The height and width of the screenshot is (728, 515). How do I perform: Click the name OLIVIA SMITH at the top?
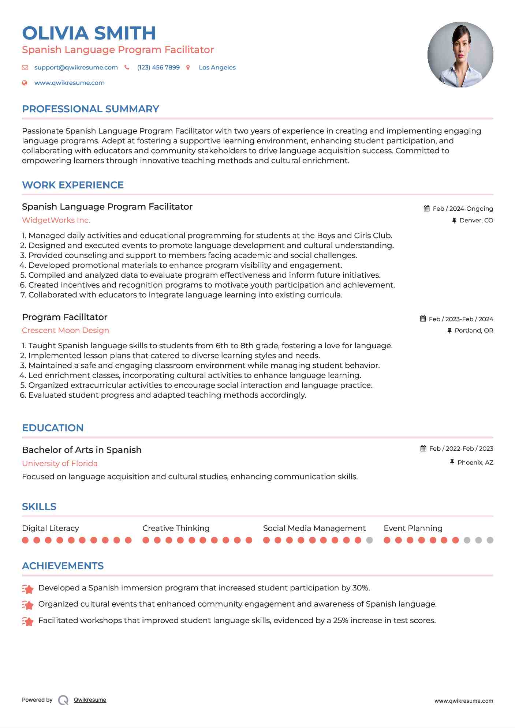pos(89,33)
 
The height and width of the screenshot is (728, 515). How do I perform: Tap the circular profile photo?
pos(460,55)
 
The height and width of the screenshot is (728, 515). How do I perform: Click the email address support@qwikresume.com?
pos(76,68)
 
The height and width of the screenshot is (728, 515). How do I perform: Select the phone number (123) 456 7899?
pos(158,68)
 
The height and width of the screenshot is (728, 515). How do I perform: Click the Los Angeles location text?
pos(217,68)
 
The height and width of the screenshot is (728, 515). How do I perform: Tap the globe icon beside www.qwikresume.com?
pos(25,83)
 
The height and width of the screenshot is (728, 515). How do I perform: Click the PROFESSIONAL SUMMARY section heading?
pos(90,109)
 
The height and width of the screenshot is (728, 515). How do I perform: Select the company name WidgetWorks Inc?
pos(56,220)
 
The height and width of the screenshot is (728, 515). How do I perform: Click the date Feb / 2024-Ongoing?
pos(463,209)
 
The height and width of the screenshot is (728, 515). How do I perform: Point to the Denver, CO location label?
pos(476,221)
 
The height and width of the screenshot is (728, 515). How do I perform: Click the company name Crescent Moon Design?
pos(66,330)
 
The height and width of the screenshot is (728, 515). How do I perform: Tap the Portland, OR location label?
pos(474,331)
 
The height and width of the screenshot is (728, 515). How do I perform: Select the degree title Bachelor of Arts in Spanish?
pos(82,450)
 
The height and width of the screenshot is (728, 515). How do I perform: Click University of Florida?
pos(60,464)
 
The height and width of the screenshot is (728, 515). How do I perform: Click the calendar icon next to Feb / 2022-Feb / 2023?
pos(423,449)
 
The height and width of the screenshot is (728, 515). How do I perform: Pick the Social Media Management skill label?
pos(314,528)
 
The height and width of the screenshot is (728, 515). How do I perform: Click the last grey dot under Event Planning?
pos(490,540)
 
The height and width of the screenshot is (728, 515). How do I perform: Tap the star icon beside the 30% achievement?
pos(28,589)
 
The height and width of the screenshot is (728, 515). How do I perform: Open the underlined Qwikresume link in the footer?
pos(90,700)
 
